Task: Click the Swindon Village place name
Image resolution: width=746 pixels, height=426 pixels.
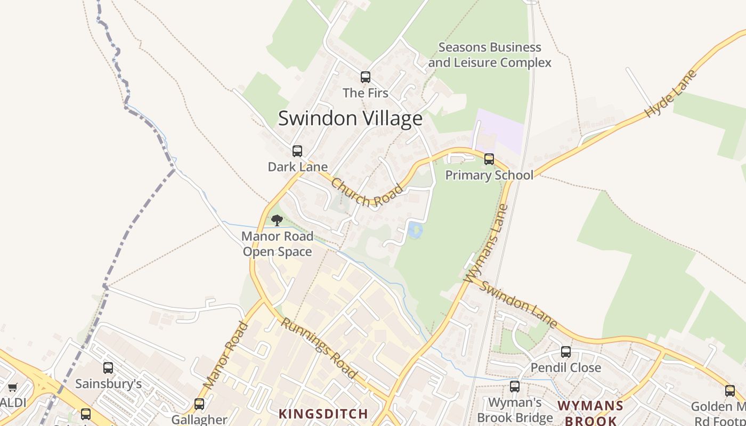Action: pos(350,118)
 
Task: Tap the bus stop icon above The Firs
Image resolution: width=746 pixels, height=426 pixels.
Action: pos(365,77)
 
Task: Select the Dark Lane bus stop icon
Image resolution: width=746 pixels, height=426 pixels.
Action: pos(297,151)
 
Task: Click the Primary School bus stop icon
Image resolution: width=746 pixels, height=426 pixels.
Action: pos(489,159)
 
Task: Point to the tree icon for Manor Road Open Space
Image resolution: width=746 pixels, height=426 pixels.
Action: pos(277,220)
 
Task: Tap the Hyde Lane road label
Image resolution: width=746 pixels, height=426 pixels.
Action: pos(670,94)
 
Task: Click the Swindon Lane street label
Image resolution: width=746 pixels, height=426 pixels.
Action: pos(518,304)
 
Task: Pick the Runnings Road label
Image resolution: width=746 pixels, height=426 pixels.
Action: pos(319,348)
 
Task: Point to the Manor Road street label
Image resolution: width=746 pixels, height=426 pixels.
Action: pos(225,355)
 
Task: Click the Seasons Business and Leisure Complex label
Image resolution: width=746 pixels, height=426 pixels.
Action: pos(490,55)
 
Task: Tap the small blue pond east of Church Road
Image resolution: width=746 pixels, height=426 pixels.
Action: pos(415,231)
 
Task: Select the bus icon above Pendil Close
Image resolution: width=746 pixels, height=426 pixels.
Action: pos(565,352)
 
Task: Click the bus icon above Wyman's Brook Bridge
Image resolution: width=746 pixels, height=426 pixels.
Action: pos(514,387)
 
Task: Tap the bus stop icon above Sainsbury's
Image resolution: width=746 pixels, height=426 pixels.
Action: pos(108,368)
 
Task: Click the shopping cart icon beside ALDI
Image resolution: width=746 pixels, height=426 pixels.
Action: pos(12,387)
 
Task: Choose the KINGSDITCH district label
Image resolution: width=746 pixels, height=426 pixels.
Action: pos(323,414)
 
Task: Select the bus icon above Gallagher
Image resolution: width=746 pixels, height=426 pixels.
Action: pos(199,404)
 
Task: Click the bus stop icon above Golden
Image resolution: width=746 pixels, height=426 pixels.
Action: pos(729,391)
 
